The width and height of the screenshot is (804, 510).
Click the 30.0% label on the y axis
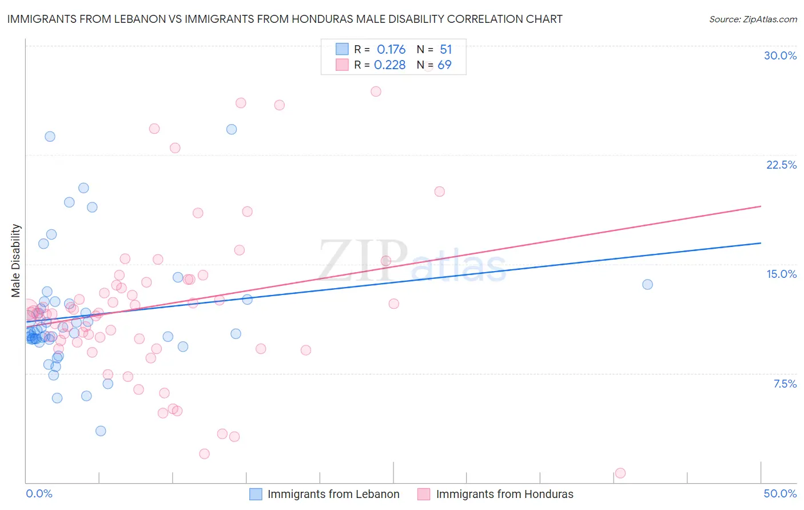tap(780, 55)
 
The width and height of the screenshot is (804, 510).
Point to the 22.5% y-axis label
tap(781, 165)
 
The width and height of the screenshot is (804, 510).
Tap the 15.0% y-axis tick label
tap(781, 274)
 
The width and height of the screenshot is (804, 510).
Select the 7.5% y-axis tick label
tap(785, 384)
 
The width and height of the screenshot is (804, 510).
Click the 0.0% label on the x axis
tap(39, 493)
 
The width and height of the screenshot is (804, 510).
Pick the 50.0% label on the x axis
tap(780, 493)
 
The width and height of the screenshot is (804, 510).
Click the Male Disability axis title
tap(16, 260)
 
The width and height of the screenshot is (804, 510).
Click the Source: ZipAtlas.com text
tap(753, 19)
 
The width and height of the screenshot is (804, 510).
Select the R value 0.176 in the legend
tap(391, 50)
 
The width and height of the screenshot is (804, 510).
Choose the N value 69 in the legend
tap(444, 65)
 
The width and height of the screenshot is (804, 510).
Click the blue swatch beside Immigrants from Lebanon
tap(256, 494)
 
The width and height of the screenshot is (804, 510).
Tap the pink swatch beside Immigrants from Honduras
tap(424, 494)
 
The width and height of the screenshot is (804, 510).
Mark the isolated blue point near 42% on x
tap(647, 284)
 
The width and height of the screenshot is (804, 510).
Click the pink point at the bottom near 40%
tap(620, 473)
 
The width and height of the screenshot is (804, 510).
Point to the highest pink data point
tap(376, 91)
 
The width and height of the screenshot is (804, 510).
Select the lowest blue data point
tap(101, 431)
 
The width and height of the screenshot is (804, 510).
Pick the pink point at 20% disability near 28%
tap(439, 192)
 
